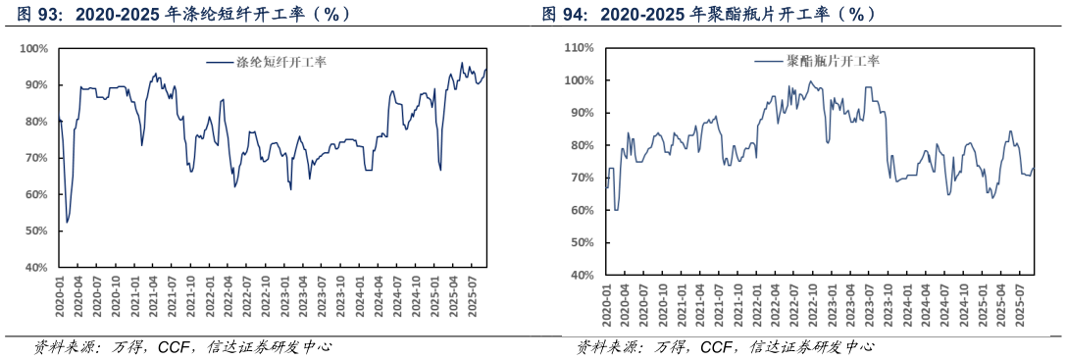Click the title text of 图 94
pos(709,14)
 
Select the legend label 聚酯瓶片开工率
pos(833,61)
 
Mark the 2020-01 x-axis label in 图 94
pos(606,305)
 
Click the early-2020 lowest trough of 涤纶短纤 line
pos(67,223)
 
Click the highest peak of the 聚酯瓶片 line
pos(810,81)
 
